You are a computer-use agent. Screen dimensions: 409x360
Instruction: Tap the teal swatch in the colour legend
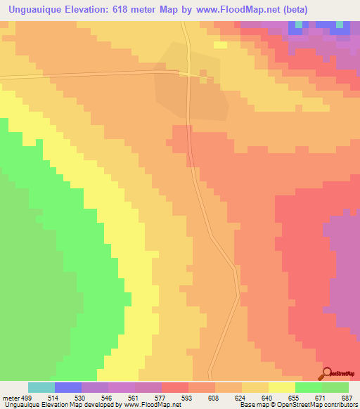pos(41,387)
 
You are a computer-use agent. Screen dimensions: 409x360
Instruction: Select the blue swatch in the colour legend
pos(68,387)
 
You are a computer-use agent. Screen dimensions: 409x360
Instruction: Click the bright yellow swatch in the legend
pos(282,387)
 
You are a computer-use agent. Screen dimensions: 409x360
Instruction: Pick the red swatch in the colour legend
pos(175,387)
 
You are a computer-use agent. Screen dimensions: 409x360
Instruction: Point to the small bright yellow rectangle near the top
pos(221,45)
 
